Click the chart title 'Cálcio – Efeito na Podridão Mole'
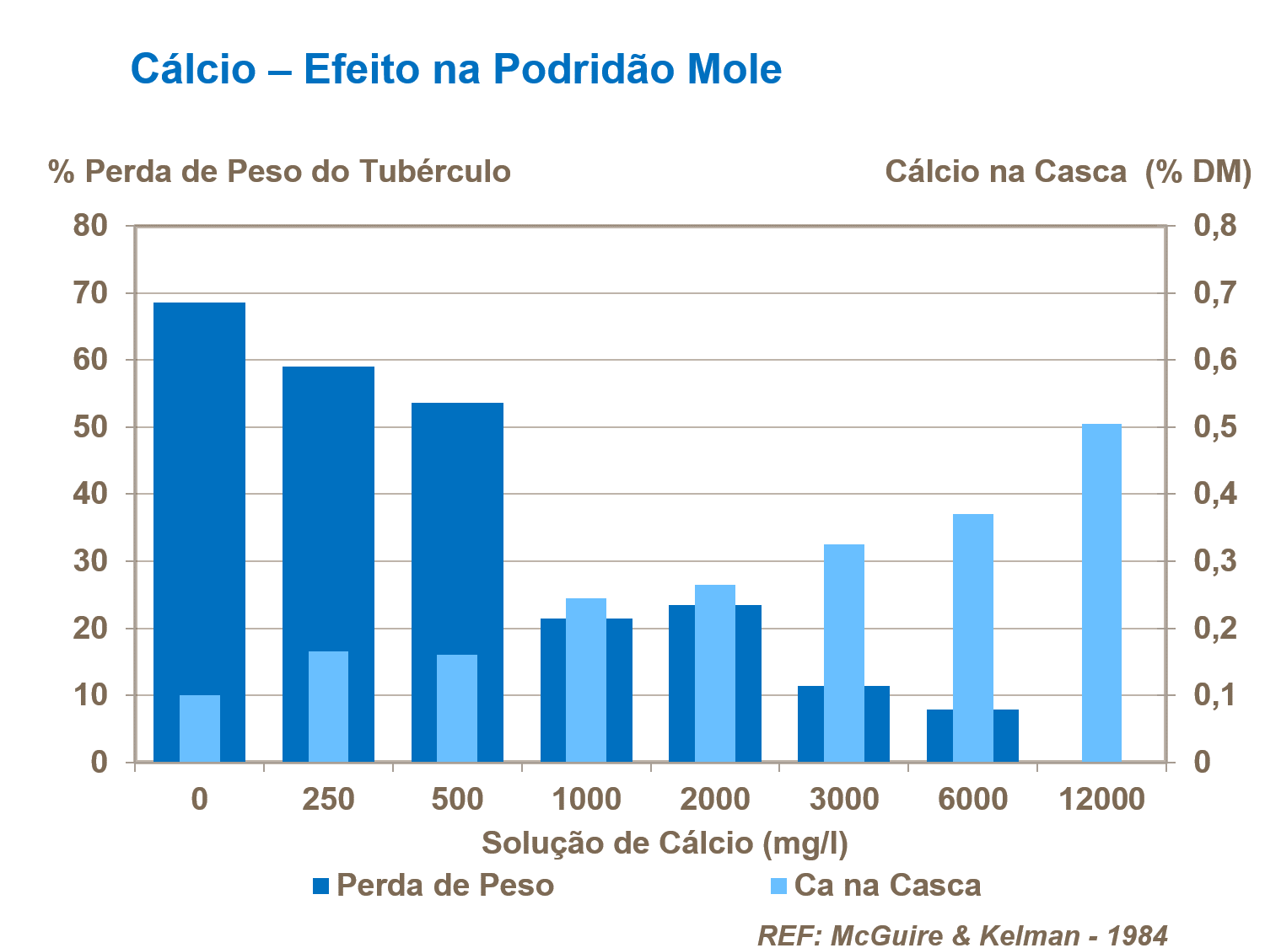[456, 69]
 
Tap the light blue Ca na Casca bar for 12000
[1101, 593]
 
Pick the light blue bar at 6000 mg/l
[972, 638]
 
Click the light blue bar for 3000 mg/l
[843, 653]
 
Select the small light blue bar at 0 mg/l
[199, 729]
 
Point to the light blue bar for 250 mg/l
[328, 707]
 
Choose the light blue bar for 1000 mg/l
[585, 680]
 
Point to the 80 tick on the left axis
[90, 226]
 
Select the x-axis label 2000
[714, 799]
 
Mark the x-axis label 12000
[1101, 799]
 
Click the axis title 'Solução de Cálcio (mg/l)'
[665, 843]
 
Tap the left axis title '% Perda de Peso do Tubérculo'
[280, 172]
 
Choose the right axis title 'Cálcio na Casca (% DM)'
[1068, 172]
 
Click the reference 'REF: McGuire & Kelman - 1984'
[962, 935]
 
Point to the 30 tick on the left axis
[90, 561]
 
